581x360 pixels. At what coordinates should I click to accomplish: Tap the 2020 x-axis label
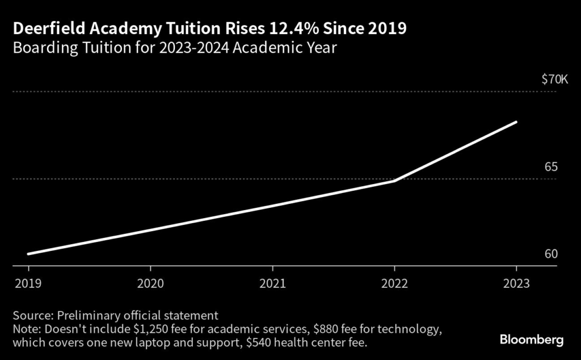point(150,283)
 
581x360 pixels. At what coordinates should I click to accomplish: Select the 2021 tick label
point(272,283)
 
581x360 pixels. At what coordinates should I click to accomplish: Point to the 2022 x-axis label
point(394,283)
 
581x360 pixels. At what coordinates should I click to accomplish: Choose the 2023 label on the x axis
point(516,283)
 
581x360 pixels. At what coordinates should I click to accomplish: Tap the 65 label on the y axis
point(551,167)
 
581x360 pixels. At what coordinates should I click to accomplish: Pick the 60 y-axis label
point(551,254)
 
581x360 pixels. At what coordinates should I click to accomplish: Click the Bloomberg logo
point(532,340)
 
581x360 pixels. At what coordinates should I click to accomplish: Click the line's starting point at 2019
point(28,254)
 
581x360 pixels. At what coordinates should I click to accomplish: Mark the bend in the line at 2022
point(394,181)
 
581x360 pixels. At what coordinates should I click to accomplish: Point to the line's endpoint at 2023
point(516,122)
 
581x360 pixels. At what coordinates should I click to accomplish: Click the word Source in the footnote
point(31,315)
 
